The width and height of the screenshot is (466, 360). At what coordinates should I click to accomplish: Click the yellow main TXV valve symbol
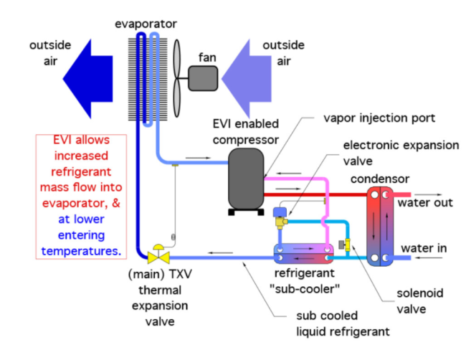(158, 255)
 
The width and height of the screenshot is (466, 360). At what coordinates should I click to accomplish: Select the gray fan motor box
(203, 78)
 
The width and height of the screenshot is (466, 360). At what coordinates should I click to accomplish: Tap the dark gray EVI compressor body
(246, 179)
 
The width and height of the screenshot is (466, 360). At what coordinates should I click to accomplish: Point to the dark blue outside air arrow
(87, 79)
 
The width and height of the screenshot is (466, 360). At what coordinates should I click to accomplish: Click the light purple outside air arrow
(247, 79)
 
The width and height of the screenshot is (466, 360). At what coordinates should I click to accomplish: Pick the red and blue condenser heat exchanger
(380, 226)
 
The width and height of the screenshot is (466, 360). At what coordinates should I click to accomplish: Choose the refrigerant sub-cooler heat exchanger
(303, 254)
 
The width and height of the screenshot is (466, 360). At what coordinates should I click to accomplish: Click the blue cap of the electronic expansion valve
(280, 212)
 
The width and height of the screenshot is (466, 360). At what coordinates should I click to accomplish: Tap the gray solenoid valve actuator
(342, 245)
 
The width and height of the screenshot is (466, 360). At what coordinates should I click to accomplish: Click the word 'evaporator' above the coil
(146, 24)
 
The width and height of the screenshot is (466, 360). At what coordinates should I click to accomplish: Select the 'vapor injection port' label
(379, 118)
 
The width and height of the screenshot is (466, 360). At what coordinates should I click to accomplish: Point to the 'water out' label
(425, 203)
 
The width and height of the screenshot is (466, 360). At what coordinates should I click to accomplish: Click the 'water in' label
(424, 248)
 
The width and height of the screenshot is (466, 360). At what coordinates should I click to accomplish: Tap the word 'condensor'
(380, 179)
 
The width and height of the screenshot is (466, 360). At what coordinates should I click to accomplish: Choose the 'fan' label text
(207, 57)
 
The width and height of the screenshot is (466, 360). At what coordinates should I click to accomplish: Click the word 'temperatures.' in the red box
(82, 251)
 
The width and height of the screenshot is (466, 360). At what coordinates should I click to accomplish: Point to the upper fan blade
(177, 59)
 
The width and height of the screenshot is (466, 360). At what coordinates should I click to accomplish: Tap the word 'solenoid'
(420, 293)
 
